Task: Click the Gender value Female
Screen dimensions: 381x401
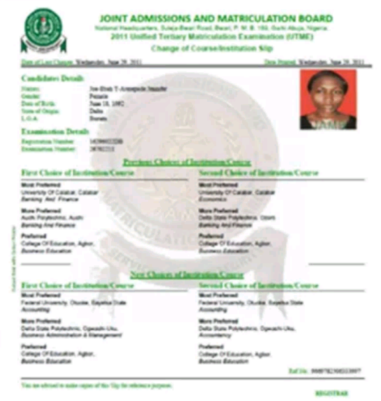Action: click(98, 94)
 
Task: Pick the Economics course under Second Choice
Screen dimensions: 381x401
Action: click(212, 197)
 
